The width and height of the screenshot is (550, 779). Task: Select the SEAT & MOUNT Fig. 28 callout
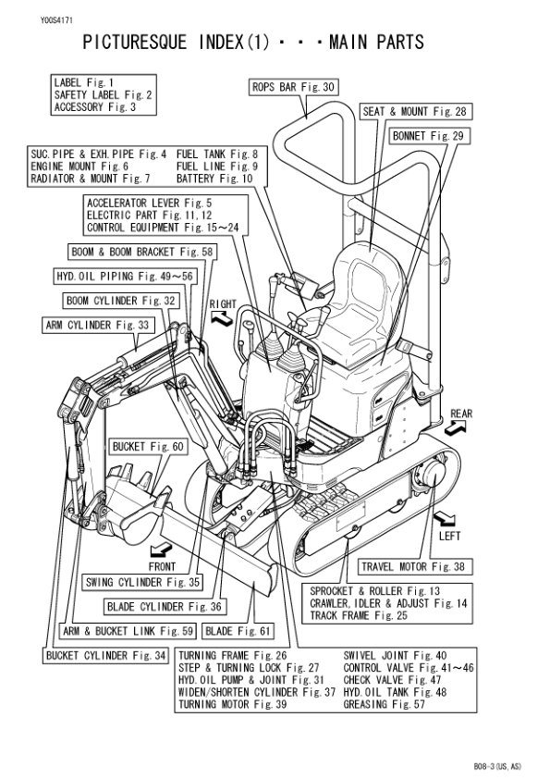click(415, 112)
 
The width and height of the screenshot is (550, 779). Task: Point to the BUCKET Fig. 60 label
click(148, 447)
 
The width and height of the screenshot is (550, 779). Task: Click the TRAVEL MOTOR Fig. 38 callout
click(412, 567)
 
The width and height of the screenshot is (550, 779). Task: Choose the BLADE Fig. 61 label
click(238, 632)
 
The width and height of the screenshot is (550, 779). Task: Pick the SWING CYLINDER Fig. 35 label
click(143, 583)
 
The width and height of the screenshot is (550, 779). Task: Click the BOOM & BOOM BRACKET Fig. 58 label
click(142, 252)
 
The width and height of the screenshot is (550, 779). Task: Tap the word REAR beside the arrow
click(460, 414)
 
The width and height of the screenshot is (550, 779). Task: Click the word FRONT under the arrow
click(162, 566)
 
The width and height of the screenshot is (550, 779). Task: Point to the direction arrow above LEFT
click(446, 515)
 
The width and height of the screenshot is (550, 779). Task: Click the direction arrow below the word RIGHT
click(223, 318)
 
